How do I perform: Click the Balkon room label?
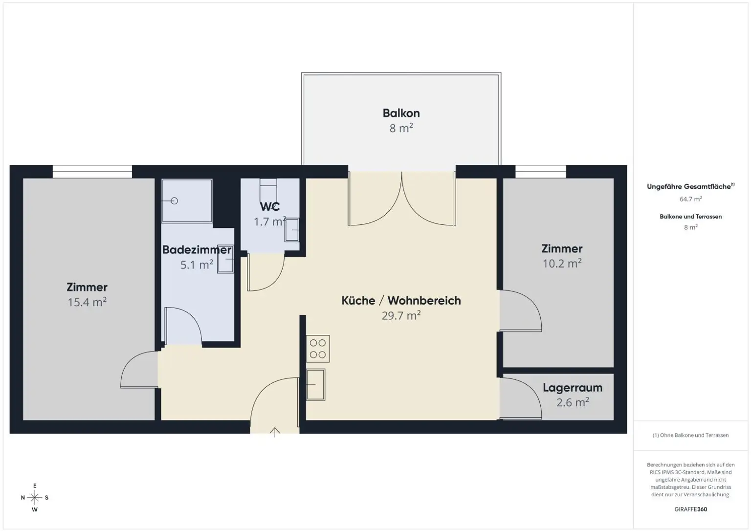pos(401,113)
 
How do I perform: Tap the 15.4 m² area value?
pos(87,302)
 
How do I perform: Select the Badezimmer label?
pos(197,250)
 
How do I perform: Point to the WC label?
pos(270,206)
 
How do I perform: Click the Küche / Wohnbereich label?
pos(401,300)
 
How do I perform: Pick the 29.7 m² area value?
pos(401,316)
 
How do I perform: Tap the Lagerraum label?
pos(572,388)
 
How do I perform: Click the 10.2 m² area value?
pos(562,264)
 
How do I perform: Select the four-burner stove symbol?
pos(318,349)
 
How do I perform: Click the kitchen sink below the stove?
pos(316,384)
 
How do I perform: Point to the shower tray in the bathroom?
pos(187,200)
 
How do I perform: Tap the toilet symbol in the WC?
pos(268,188)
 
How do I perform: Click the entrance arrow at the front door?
pos(275,432)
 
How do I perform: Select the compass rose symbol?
pos(35,498)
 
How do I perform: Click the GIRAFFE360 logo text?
pos(690,509)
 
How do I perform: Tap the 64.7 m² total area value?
pos(690,199)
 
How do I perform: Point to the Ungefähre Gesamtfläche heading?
pos(690,187)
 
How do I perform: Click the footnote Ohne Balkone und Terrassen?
pos(690,435)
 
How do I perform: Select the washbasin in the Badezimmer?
pos(225,259)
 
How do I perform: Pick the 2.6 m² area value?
pos(572,402)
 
